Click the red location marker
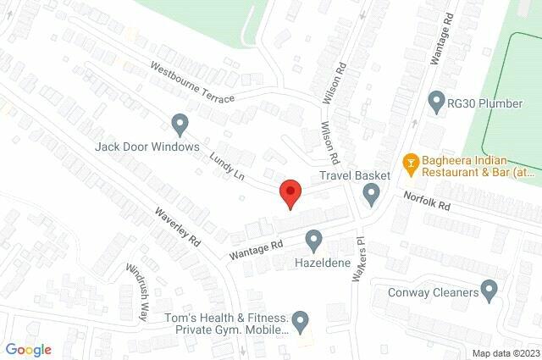tap(290, 193)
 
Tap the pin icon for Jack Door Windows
tap(180, 125)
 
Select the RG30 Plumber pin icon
tap(437, 102)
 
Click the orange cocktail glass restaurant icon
tap(410, 162)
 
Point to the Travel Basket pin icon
tap(371, 196)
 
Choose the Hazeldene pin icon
tap(313, 241)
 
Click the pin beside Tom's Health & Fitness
tap(301, 320)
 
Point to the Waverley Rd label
tap(177, 229)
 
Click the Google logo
tap(28, 349)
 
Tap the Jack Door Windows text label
tap(147, 147)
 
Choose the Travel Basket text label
tap(354, 175)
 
